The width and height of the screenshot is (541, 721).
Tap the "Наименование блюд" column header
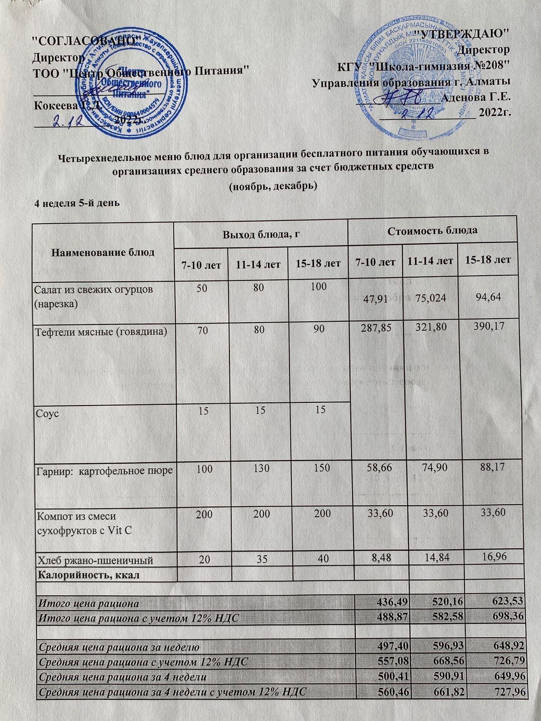click(x=104, y=252)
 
